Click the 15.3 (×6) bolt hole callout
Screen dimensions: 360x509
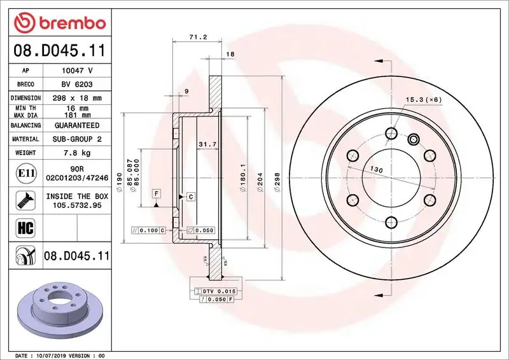422,100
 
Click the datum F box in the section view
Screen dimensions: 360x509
156,193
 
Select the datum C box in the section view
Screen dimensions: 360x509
190,197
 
